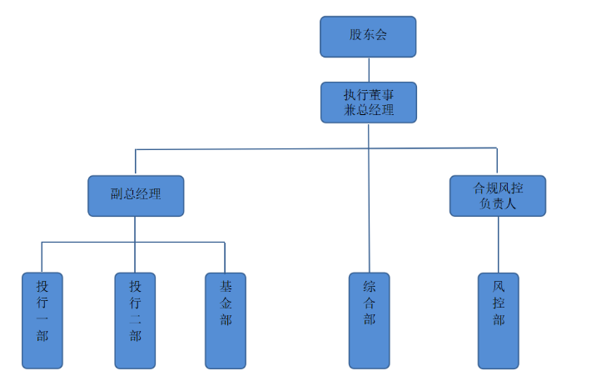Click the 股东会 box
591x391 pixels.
[368, 37]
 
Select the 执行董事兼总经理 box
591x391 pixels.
[368, 102]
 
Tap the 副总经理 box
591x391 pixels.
[136, 196]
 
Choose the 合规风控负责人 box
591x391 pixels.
[498, 196]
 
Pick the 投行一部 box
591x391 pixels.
[42, 320]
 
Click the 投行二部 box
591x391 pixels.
[135, 320]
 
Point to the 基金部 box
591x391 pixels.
[226, 320]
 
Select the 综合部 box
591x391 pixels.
[370, 320]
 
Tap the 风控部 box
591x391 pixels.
[499, 320]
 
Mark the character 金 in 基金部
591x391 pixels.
[226, 303]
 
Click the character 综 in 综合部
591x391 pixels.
[370, 286]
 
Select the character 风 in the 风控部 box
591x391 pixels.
[499, 286]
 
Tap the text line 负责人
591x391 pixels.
[498, 203]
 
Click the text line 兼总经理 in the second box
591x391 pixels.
[368, 110]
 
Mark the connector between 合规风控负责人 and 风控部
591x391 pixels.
[499, 244]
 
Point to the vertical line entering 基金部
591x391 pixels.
[225, 258]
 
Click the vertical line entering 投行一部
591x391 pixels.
[42, 258]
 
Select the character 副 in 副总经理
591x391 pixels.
[117, 196]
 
